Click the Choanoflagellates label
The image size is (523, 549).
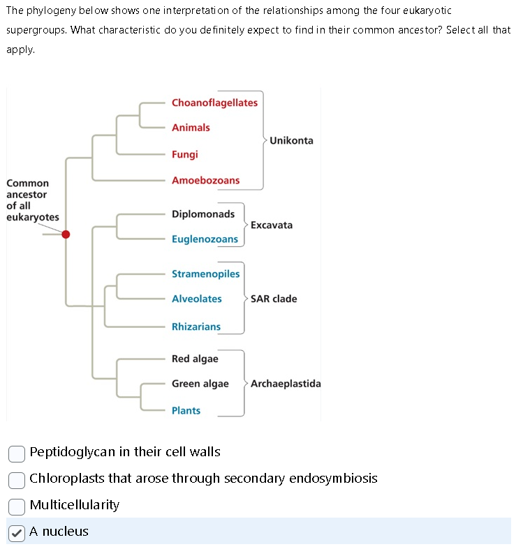[214, 103]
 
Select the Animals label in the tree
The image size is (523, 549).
[191, 128]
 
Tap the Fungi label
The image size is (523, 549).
[185, 154]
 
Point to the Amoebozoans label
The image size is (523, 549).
[205, 180]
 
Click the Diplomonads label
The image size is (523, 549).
[203, 213]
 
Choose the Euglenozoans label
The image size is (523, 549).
[205, 239]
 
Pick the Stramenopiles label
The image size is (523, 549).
[205, 273]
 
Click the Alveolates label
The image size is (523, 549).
[197, 299]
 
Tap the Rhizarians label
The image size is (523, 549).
[196, 326]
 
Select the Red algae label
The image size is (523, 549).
[195, 359]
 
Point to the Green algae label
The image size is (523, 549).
[200, 384]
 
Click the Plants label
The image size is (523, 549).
[186, 411]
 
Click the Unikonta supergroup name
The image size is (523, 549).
[291, 140]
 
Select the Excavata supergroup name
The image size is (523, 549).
[272, 225]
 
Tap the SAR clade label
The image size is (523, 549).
[274, 299]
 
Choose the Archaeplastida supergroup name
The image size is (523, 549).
[286, 384]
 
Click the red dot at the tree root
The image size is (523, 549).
[66, 234]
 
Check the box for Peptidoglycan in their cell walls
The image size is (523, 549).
[17, 453]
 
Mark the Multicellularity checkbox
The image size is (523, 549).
[17, 506]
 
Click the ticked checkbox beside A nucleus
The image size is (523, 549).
[17, 532]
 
